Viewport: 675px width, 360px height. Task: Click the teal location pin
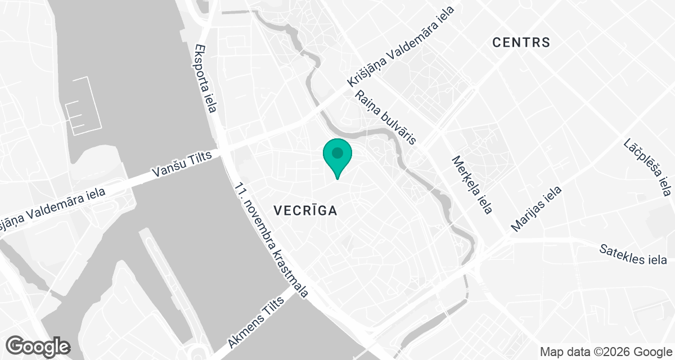337,155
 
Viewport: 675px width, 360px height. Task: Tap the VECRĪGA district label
305,211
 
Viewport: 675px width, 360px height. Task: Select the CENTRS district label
520,42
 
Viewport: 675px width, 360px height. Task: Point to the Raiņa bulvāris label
385,116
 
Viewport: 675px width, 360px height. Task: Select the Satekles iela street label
633,254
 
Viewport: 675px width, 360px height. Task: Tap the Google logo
38,345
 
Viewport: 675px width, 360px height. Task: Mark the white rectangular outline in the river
83,105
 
